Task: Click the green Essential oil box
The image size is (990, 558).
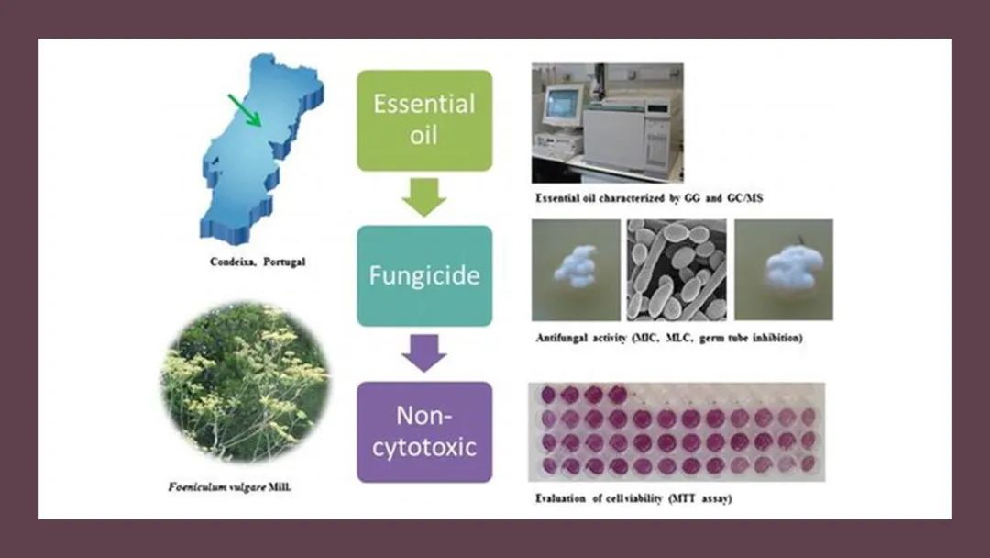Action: (424, 120)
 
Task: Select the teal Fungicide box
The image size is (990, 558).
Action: (424, 275)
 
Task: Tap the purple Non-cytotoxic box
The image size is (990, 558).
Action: (424, 431)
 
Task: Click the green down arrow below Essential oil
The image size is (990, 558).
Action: (424, 197)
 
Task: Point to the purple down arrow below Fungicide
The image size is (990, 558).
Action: (424, 353)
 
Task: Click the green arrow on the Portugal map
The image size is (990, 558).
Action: (245, 110)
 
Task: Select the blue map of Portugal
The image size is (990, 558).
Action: (261, 147)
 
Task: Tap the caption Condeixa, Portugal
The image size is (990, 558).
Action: (258, 262)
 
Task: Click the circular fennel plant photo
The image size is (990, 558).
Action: (246, 383)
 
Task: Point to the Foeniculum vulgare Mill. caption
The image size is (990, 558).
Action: (230, 487)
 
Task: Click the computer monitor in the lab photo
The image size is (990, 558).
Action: (562, 105)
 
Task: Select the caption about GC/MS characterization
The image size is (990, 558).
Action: (649, 198)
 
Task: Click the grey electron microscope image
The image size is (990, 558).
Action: (676, 270)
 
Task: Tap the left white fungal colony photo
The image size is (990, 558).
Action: (576, 270)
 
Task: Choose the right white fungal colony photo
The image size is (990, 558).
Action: (784, 270)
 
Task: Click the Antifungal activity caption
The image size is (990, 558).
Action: (669, 338)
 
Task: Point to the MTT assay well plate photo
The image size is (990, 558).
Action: (676, 432)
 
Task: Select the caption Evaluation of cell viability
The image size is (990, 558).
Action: (634, 498)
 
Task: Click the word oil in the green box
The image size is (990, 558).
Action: (423, 135)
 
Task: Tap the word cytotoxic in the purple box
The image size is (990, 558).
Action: (424, 448)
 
